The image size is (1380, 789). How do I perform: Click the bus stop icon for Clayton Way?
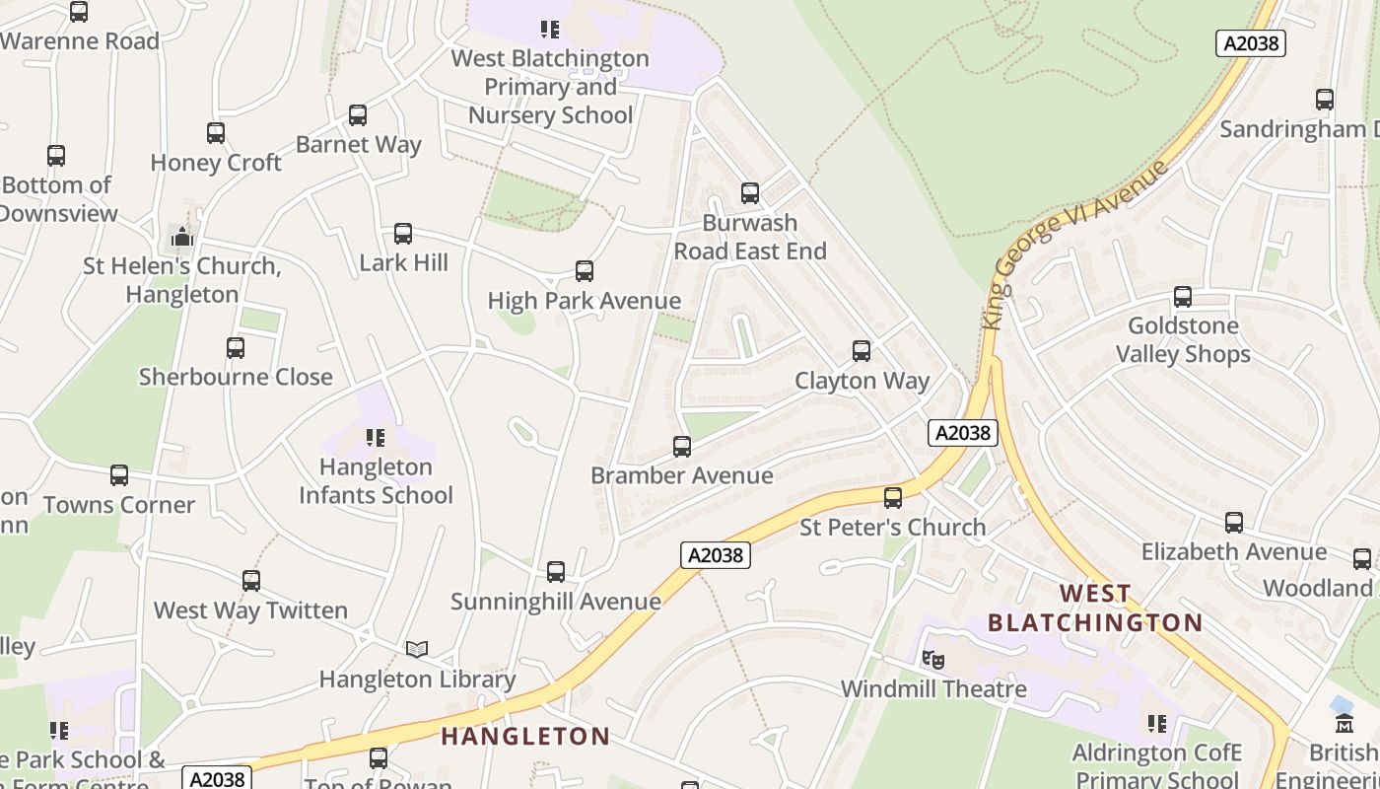862,351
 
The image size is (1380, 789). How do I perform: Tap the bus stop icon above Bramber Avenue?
681,447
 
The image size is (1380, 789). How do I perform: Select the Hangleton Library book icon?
417,649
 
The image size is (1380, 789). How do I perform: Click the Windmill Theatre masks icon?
932,659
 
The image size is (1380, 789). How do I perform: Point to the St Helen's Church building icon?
181,237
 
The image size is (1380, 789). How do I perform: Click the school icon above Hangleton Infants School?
375,437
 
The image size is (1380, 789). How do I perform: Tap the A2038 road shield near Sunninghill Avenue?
716,555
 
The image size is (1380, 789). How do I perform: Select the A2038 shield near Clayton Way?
963,433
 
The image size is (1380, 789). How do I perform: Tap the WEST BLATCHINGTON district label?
1095,608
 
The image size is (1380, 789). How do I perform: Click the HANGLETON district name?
525,736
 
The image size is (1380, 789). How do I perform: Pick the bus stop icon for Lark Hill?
403,234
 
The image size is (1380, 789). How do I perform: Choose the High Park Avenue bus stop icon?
585,271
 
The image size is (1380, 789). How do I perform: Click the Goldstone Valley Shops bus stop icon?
1183,296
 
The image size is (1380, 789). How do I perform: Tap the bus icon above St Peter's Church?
893,498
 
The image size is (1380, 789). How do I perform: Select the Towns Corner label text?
118,505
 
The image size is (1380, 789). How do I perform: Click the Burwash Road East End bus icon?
750,193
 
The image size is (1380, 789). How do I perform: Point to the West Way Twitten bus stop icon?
251,581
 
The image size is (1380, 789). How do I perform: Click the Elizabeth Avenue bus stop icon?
1234,523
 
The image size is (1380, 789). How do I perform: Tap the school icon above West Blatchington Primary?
549,30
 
